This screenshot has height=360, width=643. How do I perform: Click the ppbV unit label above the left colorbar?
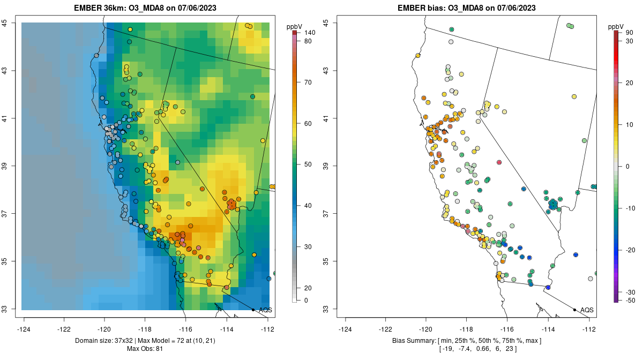tap(294, 26)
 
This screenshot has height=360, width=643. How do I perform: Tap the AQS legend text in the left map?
tap(265, 310)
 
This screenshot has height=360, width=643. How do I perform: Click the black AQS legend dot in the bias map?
tap(574, 310)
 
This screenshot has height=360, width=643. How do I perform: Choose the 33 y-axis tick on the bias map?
tap(331, 309)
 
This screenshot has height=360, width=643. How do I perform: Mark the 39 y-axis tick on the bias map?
tap(331, 166)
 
